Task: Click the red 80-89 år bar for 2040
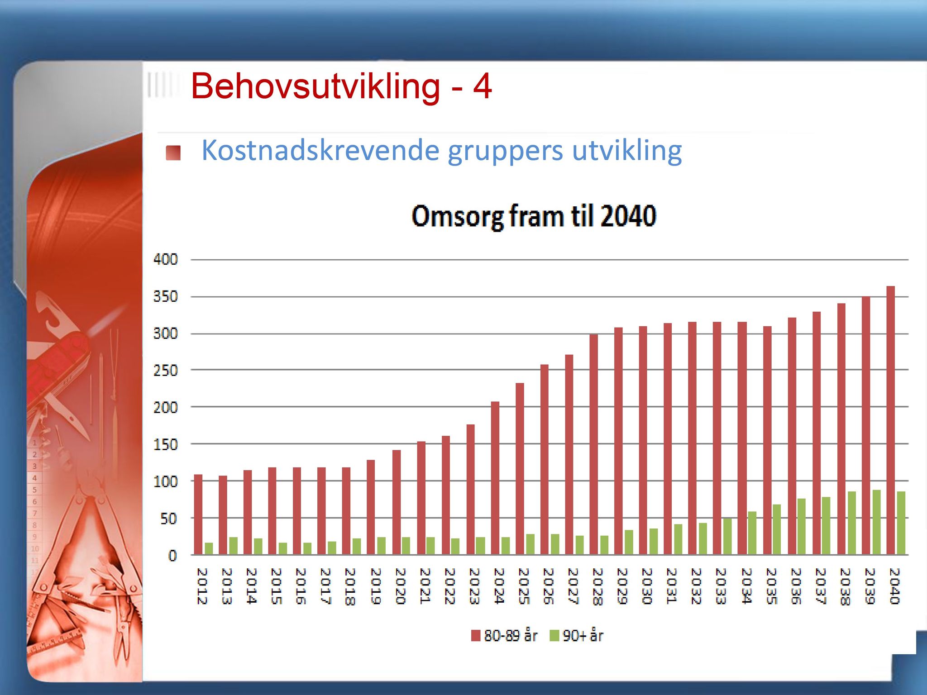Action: [x=890, y=420]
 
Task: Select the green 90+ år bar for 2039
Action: [x=876, y=522]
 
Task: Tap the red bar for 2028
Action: [x=594, y=444]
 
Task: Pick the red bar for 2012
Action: [x=198, y=514]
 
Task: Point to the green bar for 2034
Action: [x=752, y=533]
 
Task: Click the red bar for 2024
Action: [x=495, y=478]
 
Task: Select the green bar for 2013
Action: [x=233, y=546]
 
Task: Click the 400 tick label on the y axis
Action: [x=165, y=260]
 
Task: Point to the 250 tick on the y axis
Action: [x=165, y=371]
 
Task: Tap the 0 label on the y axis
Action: [x=172, y=556]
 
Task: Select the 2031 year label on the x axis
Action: [x=671, y=586]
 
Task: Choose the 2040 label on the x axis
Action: [x=894, y=586]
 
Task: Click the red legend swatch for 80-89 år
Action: [x=476, y=636]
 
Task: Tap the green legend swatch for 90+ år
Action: [x=554, y=636]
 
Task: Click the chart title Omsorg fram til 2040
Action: [x=534, y=216]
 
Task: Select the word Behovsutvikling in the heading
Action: [x=315, y=86]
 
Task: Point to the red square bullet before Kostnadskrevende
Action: [x=173, y=153]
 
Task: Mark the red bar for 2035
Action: [x=767, y=440]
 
